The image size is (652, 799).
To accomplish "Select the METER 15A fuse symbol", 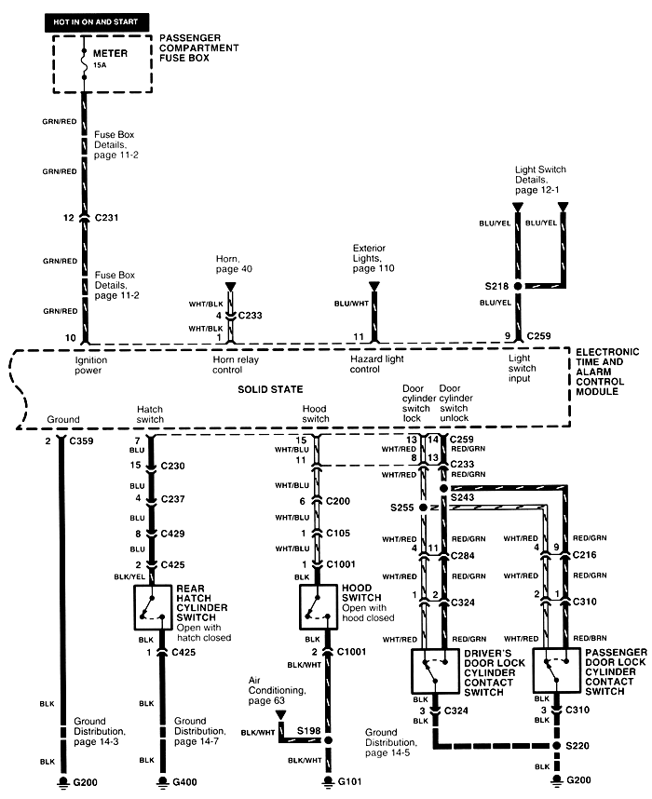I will pos(85,59).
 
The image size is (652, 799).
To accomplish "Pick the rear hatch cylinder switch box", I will pos(152,608).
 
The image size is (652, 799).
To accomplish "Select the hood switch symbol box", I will pos(318,608).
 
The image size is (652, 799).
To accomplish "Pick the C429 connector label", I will pos(171,534).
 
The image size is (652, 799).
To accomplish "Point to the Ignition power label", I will pos(92,363).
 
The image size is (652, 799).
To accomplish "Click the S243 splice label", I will pos(463,498).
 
